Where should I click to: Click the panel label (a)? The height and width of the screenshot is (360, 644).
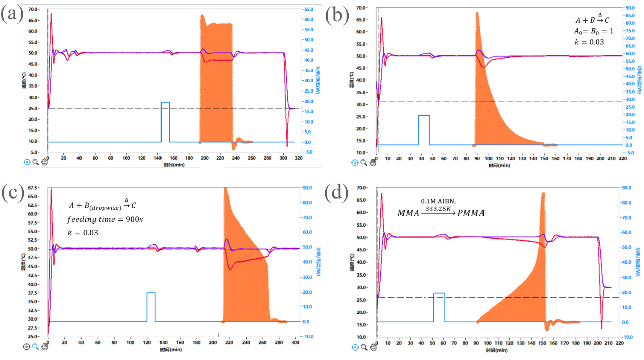(12, 15)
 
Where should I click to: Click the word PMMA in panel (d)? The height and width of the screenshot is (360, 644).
(468, 213)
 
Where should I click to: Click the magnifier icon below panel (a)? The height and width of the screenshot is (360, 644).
(36, 162)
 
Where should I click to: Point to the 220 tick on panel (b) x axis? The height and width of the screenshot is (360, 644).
(622, 158)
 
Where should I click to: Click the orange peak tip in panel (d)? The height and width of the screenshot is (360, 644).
(543, 193)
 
